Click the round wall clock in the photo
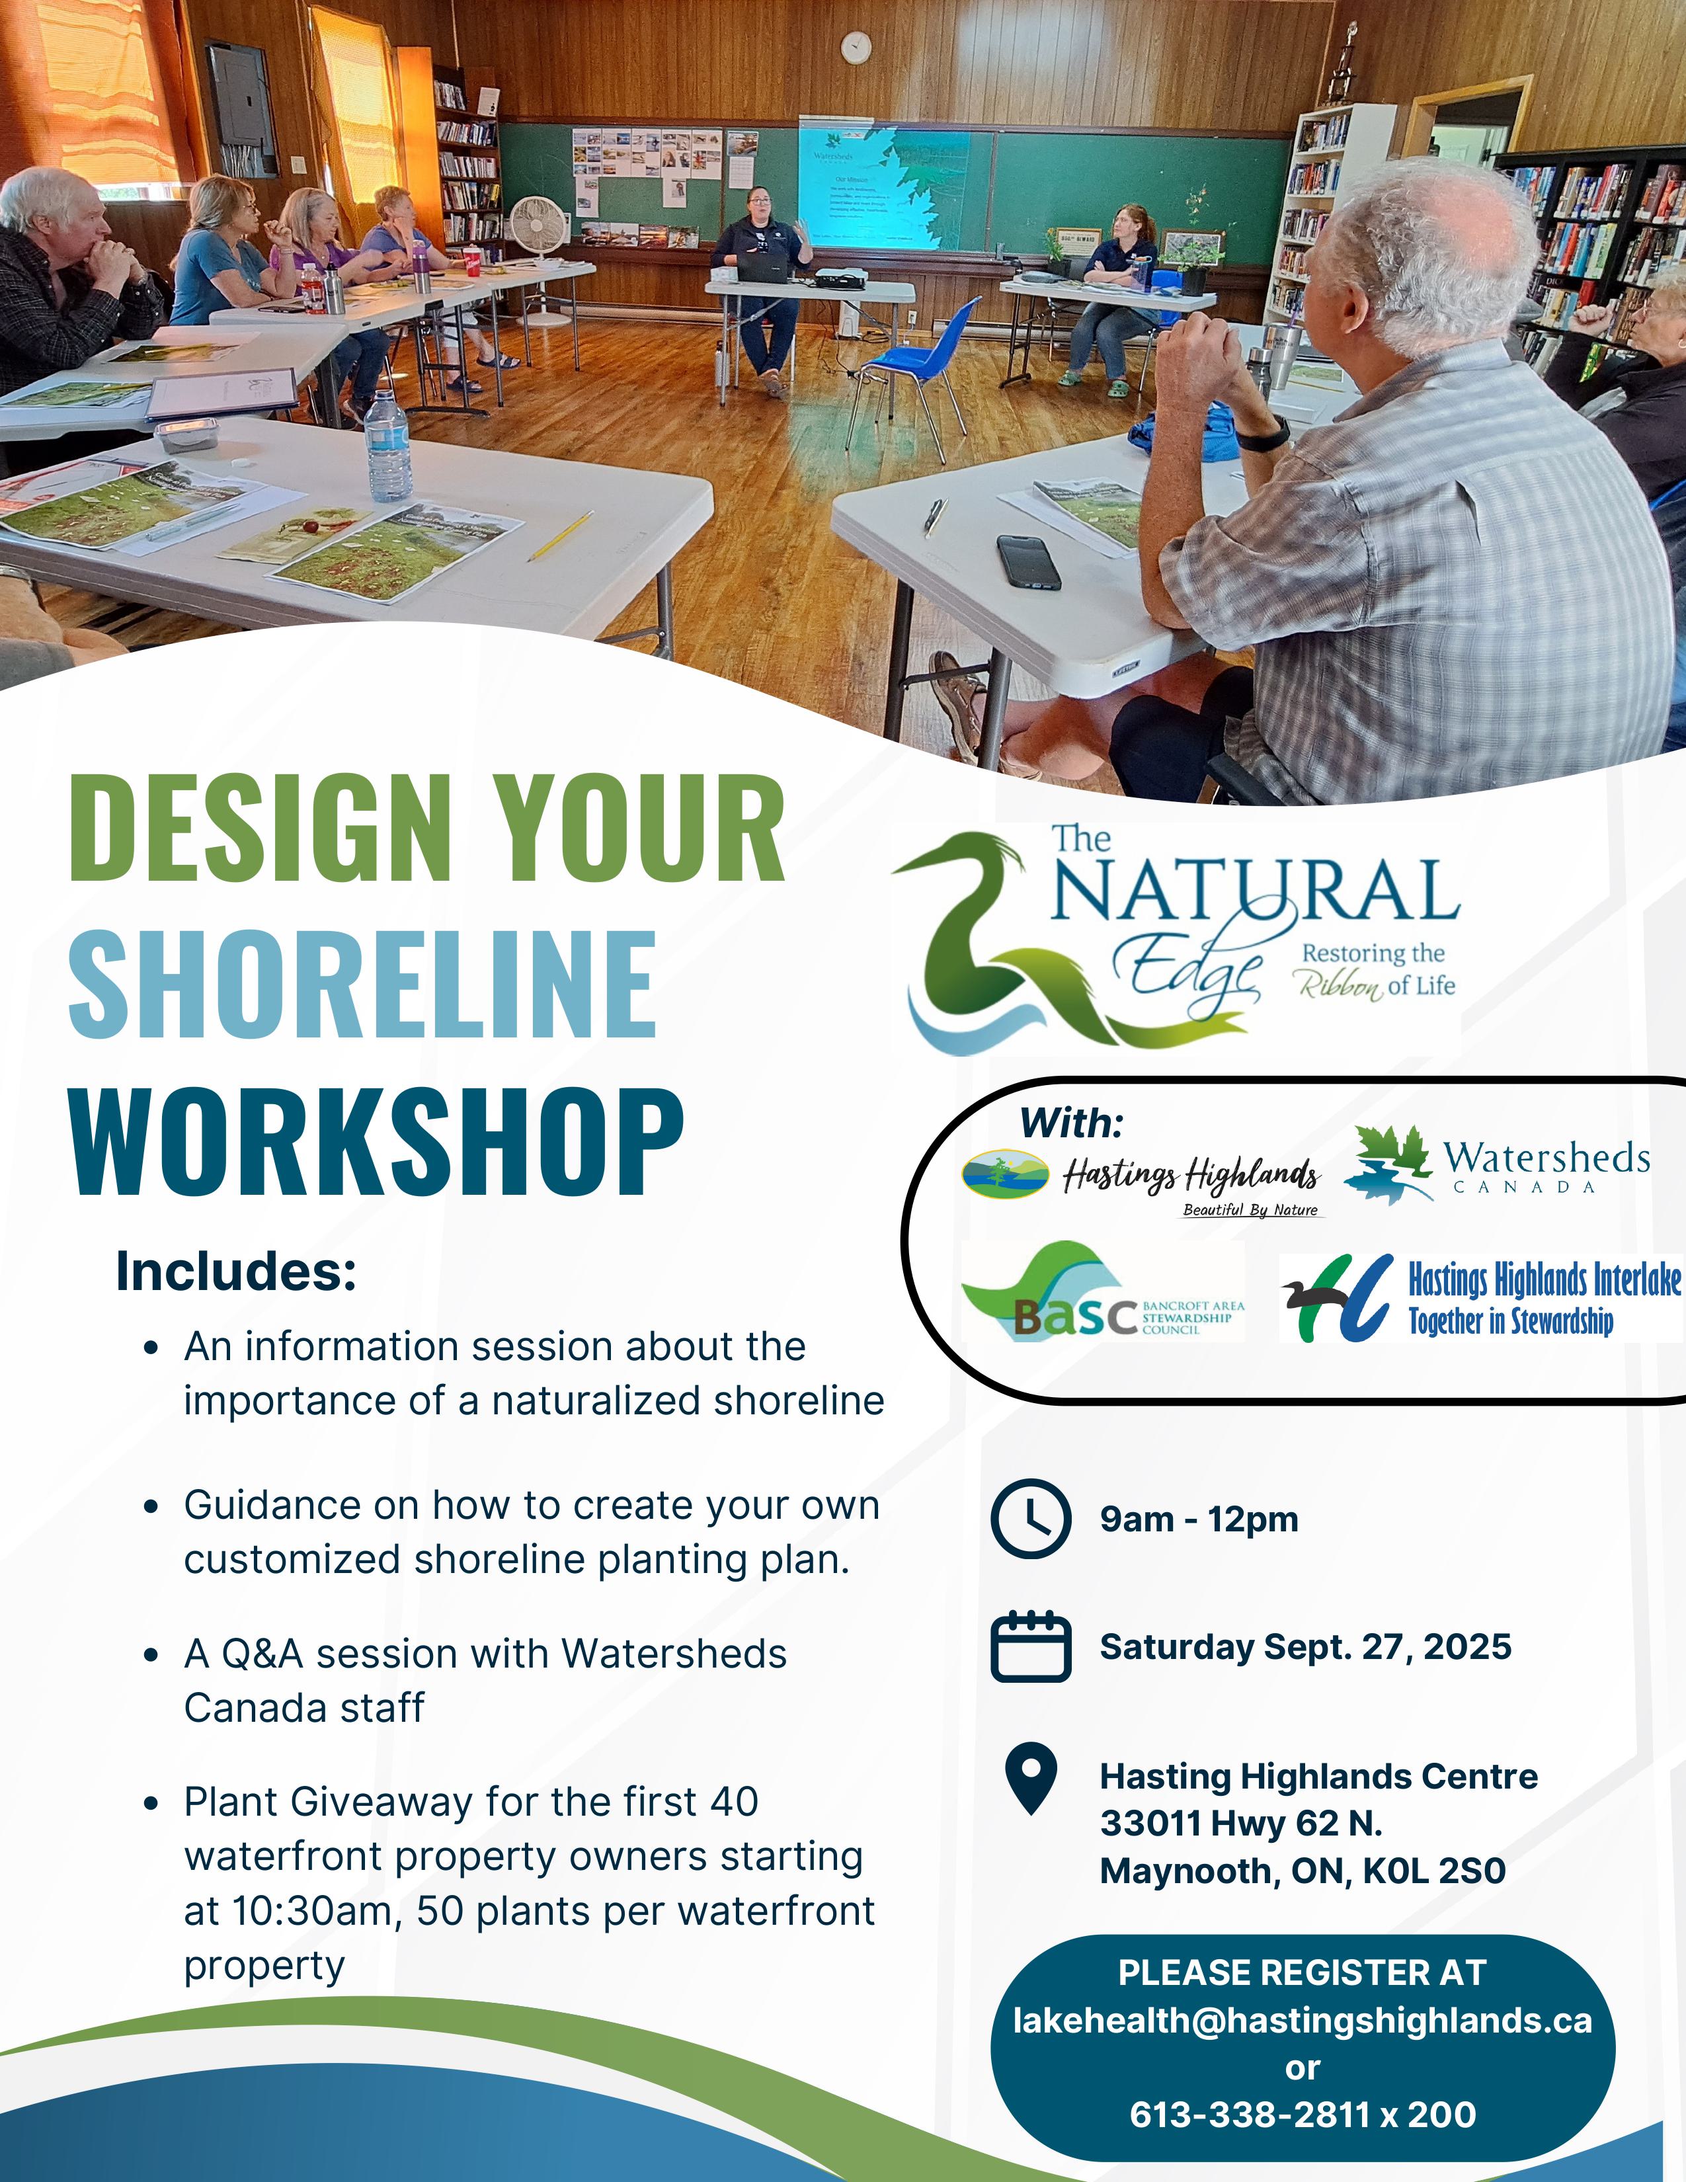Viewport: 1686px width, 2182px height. click(855, 47)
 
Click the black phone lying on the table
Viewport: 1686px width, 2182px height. click(1027, 561)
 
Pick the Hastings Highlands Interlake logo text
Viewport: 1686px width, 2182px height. click(1544, 1299)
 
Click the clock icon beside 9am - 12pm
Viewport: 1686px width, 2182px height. click(1031, 1519)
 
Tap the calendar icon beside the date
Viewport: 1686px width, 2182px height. click(1031, 1646)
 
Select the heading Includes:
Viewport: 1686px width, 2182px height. click(236, 1271)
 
